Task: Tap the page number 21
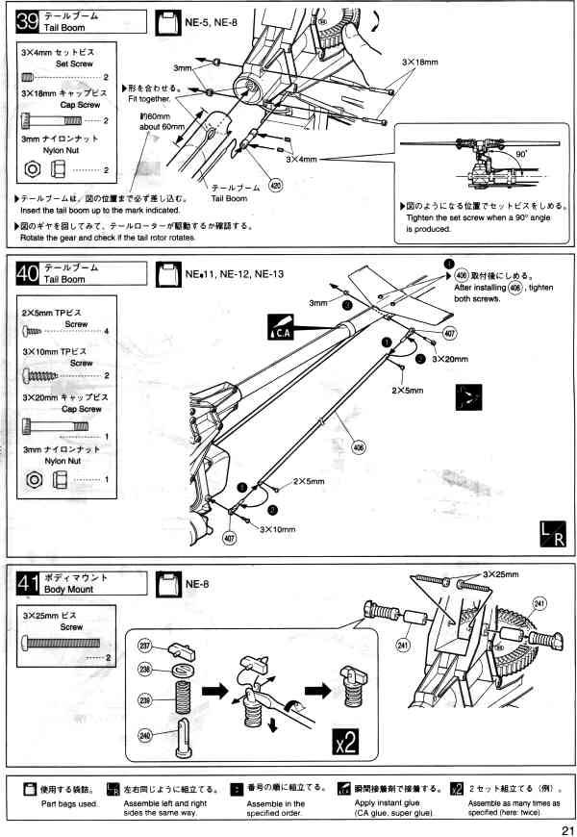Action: pos(561,824)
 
